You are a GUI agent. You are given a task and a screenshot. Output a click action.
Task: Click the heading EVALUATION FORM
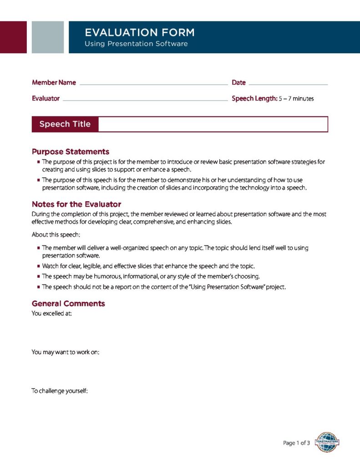(x=139, y=32)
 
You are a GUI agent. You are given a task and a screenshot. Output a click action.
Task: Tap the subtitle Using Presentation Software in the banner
(x=136, y=44)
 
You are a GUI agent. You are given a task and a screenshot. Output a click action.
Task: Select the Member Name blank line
(x=153, y=84)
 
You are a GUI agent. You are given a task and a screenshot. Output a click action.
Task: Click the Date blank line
(x=288, y=84)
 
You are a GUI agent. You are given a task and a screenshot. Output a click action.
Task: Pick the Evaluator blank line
(x=145, y=99)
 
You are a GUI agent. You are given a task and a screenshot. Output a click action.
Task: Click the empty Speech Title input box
(x=213, y=124)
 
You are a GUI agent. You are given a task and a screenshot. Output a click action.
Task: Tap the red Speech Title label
(x=65, y=124)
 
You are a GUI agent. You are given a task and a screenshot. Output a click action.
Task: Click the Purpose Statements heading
(x=71, y=152)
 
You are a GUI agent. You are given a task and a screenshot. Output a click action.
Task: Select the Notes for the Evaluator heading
(x=76, y=204)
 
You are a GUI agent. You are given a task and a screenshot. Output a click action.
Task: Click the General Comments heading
(x=68, y=304)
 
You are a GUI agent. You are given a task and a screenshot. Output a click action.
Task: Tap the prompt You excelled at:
(x=51, y=314)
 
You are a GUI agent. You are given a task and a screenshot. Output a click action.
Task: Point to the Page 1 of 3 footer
(x=296, y=443)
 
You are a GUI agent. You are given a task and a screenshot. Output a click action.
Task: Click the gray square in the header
(x=48, y=37)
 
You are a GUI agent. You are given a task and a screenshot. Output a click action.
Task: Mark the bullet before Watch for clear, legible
(x=39, y=266)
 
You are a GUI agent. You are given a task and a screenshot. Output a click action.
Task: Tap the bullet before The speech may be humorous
(x=39, y=277)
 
